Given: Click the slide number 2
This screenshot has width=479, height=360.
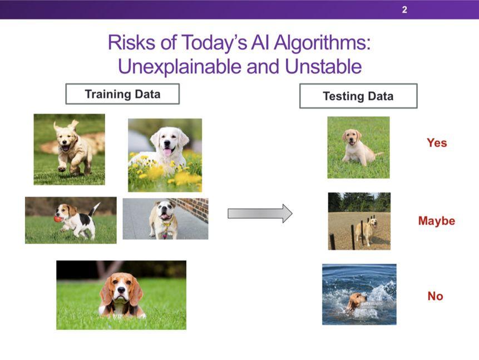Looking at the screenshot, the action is [404, 10].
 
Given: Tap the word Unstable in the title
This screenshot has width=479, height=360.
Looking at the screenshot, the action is [323, 66].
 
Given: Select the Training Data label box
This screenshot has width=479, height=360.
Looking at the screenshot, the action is [122, 94].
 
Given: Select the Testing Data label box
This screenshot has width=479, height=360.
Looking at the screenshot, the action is [358, 96].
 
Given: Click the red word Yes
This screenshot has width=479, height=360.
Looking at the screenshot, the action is [437, 142].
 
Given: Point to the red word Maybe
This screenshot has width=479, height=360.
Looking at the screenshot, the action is [437, 221].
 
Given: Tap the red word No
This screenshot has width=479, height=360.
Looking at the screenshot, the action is [435, 296].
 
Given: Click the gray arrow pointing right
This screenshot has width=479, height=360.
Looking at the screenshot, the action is [260, 213].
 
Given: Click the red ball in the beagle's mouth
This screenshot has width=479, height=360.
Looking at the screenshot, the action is [58, 219].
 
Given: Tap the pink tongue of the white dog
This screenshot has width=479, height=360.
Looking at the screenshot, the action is [167, 151].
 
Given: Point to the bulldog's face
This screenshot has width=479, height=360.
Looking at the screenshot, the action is [164, 210].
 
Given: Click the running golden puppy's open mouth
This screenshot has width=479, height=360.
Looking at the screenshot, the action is [66, 148].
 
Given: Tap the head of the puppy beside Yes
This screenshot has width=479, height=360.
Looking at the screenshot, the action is [352, 137].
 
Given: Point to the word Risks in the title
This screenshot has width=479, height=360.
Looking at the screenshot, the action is [131, 42].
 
